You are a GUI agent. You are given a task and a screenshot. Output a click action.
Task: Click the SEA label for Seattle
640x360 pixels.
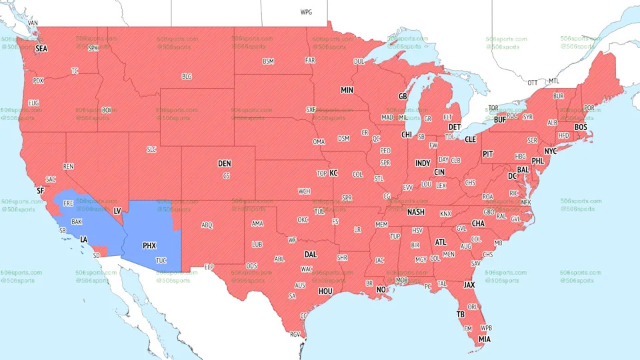click(41, 49)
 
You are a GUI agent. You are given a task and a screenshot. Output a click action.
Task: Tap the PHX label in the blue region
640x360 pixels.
click(149, 245)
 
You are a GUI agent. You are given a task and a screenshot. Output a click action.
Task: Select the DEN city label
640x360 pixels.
click(225, 163)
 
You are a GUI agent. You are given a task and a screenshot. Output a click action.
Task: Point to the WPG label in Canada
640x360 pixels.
click(306, 12)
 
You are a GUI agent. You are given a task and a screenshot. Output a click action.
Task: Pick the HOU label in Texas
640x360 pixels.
click(325, 291)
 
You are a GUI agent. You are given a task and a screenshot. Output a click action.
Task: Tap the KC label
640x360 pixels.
click(334, 173)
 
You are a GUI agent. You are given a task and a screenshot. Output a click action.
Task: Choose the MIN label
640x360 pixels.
click(347, 90)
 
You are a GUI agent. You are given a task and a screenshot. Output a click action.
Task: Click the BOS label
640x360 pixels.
click(581, 127)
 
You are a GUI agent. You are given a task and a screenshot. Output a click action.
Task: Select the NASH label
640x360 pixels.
click(415, 212)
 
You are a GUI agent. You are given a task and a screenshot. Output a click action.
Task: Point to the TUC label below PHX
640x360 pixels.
click(161, 260)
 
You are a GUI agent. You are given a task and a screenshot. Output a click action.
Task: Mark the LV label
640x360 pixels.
click(117, 211)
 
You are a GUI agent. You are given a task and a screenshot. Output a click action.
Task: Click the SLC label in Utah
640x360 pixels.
click(151, 149)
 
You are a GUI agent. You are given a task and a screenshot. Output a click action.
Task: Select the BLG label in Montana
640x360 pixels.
click(187, 77)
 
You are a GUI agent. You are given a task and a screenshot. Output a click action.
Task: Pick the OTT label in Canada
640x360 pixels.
click(532, 83)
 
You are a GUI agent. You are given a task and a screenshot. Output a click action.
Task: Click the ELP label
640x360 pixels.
click(209, 267)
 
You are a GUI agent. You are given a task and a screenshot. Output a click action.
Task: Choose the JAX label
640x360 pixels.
click(469, 285)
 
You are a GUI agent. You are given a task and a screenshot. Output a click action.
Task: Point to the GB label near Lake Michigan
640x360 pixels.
click(402, 97)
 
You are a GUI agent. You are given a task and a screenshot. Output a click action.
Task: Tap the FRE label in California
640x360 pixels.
click(69, 203)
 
